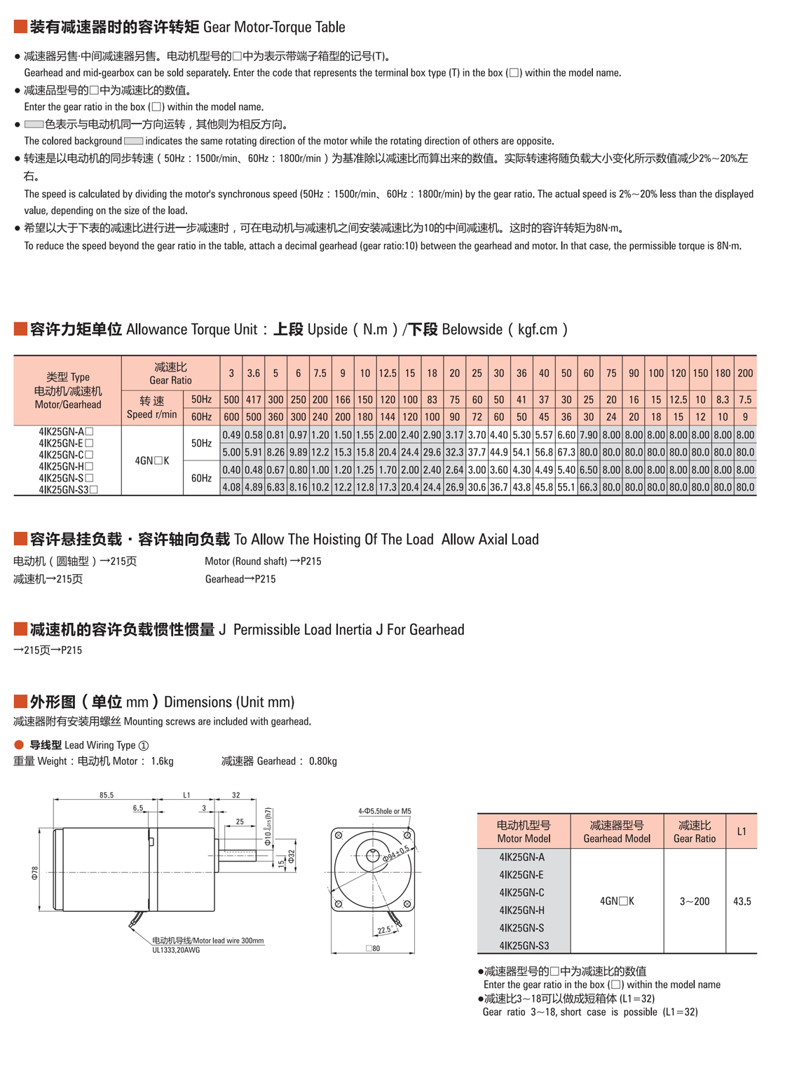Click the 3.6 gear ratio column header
tap(253, 374)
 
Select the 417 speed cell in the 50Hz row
tap(253, 400)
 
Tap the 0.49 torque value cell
tap(231, 435)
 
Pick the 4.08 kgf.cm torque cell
tap(231, 487)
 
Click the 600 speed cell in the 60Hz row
tap(231, 417)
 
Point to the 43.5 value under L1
tap(742, 901)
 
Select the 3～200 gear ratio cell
tap(694, 901)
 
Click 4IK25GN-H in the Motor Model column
tap(522, 910)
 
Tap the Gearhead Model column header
tap(617, 832)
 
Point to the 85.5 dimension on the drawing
tap(107, 795)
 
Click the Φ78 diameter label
tap(34, 873)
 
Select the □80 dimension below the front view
tap(373, 948)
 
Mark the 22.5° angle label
tap(384, 930)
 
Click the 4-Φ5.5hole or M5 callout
tap(384, 811)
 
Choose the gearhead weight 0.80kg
tap(322, 761)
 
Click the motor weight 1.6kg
tap(162, 761)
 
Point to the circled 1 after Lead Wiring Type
tap(144, 745)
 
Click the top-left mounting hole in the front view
tap(339, 835)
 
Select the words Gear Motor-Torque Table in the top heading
tap(274, 27)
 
